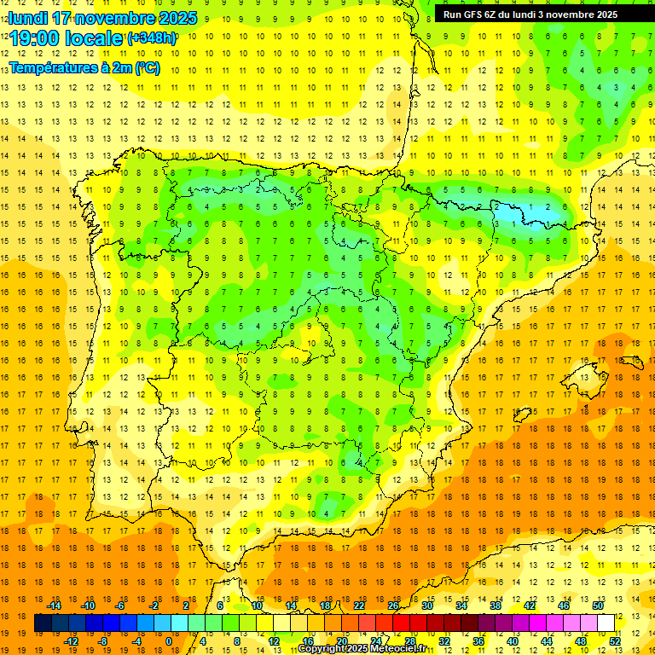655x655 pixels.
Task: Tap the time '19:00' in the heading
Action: [x=38, y=38]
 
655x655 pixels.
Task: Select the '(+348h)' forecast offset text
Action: [x=152, y=38]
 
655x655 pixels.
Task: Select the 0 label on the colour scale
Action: [x=169, y=641]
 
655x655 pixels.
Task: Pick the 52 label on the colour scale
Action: [x=616, y=641]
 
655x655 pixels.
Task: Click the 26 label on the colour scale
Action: [x=392, y=606]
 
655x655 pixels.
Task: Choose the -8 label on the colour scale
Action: [x=101, y=641]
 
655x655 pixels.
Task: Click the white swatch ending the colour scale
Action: [x=606, y=623]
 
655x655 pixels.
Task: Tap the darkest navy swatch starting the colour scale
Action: [x=43, y=623]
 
